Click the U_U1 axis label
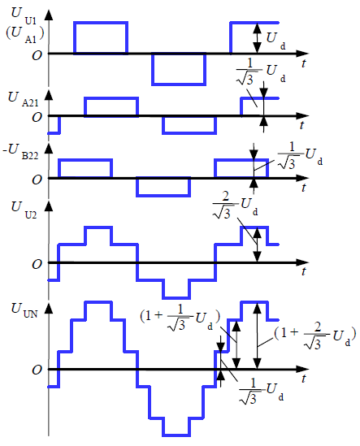coord(24,16)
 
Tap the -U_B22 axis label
coord(20,152)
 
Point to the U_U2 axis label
coord(24,210)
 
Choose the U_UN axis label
coord(24,310)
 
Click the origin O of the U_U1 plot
coord(37,55)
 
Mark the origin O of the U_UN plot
coord(37,370)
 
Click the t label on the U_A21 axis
coord(302,125)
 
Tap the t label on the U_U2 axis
coord(304,271)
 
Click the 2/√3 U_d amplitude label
coord(236,205)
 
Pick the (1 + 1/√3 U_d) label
coord(180,318)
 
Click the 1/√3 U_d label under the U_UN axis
coord(261,391)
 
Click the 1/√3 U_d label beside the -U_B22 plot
coord(300,156)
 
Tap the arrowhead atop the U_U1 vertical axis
coord(49,15)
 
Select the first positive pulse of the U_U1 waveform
coord(101,37)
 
